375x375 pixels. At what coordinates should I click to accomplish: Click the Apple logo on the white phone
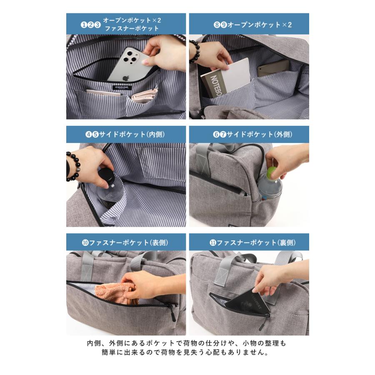126,78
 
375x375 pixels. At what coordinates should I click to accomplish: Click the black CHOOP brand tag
122,87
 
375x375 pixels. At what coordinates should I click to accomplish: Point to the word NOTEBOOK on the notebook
216,85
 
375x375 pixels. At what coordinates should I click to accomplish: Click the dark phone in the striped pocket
274,68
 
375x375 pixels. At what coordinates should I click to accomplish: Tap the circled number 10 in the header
85,243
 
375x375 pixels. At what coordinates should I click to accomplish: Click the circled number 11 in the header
213,243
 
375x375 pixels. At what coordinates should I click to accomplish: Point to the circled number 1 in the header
84,25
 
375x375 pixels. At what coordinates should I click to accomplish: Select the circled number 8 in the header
217,25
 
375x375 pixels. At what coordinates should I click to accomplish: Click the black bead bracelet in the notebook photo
195,51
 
